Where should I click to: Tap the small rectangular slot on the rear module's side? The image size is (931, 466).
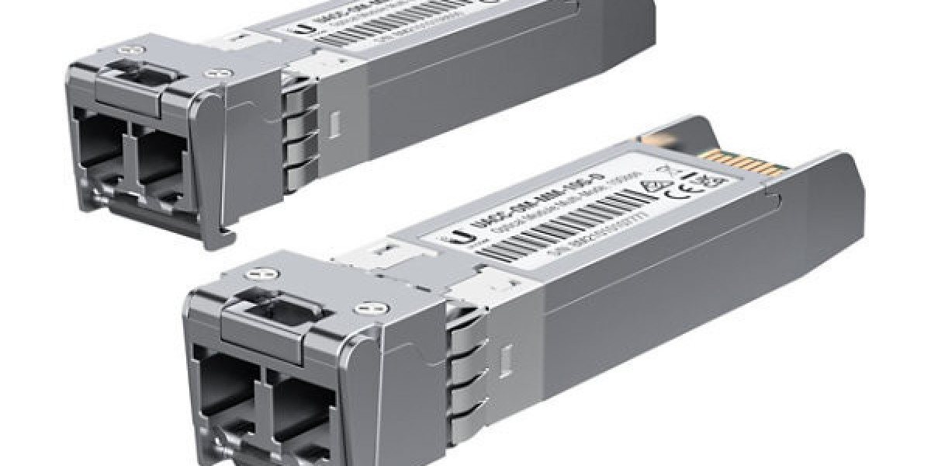pos(336,124)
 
